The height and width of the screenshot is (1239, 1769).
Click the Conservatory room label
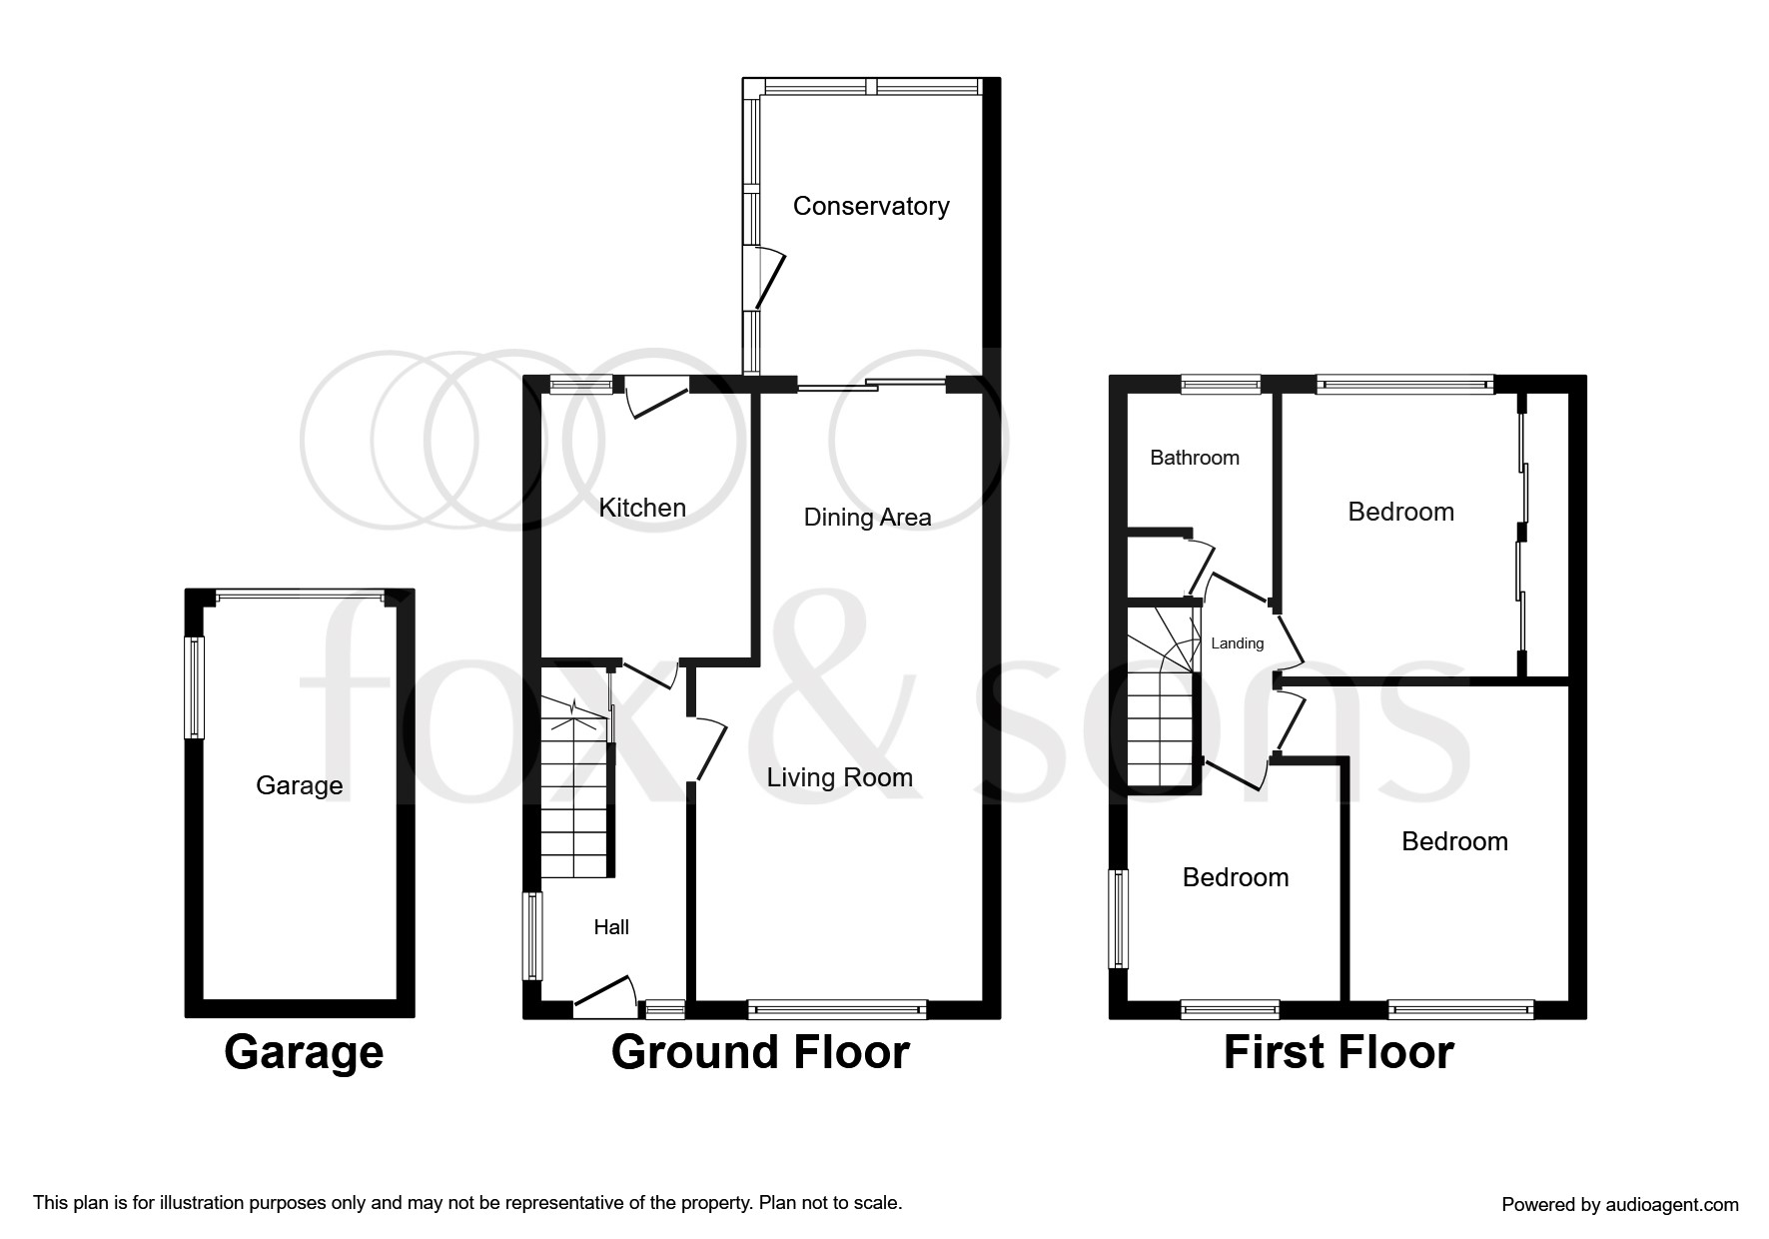click(871, 206)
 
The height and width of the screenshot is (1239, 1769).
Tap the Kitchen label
click(642, 508)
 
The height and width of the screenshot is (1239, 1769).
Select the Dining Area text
click(867, 517)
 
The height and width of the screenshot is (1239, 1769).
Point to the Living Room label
click(839, 777)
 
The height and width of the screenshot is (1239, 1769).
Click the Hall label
click(611, 927)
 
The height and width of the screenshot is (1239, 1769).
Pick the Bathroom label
click(1194, 458)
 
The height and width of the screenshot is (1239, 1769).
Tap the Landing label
click(1237, 643)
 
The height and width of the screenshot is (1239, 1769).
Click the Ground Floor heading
click(759, 1052)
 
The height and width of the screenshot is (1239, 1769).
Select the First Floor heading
click(1337, 1052)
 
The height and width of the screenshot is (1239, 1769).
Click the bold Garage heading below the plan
click(304, 1052)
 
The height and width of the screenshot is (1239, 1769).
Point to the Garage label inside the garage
click(299, 785)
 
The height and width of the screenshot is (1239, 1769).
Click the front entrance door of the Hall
click(605, 995)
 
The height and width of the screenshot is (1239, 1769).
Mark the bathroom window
click(1220, 384)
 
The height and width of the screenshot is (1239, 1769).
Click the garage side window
click(194, 687)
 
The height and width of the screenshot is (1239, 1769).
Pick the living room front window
click(837, 1010)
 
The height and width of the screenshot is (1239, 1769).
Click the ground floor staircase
click(574, 799)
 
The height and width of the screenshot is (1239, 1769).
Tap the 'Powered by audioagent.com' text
click(1619, 1205)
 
